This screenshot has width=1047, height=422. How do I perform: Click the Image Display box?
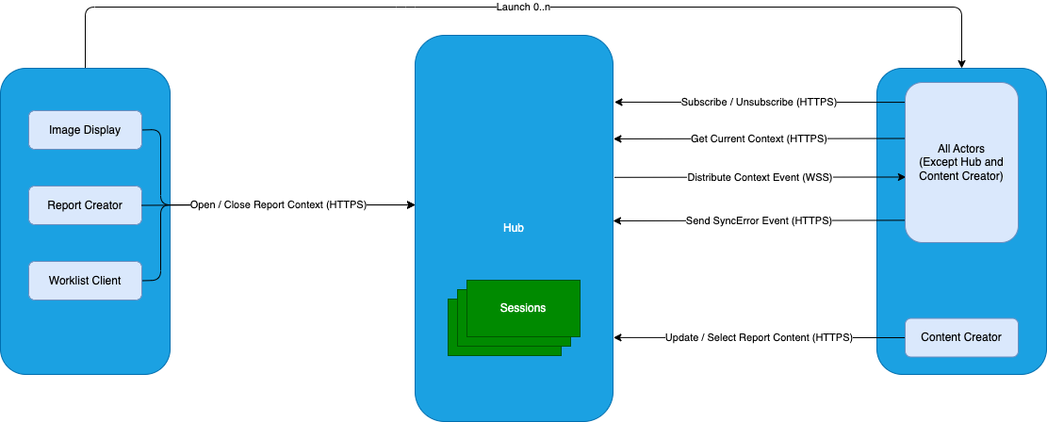pyautogui.click(x=85, y=130)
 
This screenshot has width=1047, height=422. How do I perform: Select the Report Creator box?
pyautogui.click(x=85, y=204)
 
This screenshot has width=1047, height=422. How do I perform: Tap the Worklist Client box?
pyautogui.click(x=85, y=280)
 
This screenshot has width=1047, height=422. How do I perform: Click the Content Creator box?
pyautogui.click(x=961, y=337)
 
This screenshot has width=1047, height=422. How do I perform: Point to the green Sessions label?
pyautogui.click(x=522, y=308)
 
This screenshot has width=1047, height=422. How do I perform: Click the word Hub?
pyautogui.click(x=514, y=228)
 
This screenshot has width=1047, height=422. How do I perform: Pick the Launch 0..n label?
pyautogui.click(x=523, y=8)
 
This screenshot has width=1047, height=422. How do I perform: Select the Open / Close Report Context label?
pyautogui.click(x=278, y=204)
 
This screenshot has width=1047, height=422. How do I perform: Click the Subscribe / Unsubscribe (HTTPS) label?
pyautogui.click(x=759, y=102)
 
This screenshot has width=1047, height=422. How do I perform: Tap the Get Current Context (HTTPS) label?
pyautogui.click(x=759, y=139)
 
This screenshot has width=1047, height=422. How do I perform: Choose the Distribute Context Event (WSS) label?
pyautogui.click(x=759, y=177)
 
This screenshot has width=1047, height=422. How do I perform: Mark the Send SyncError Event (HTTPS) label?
pyautogui.click(x=759, y=220)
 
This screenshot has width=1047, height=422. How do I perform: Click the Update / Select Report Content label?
pyautogui.click(x=759, y=337)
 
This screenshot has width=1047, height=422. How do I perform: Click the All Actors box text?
pyautogui.click(x=961, y=162)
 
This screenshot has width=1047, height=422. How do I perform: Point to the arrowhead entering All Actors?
pyautogui.click(x=900, y=176)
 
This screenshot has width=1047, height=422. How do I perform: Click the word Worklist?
pyautogui.click(x=72, y=280)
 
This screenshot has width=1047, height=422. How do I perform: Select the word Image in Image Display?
pyautogui.click(x=65, y=130)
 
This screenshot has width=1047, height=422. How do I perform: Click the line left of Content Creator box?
pyautogui.click(x=891, y=337)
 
